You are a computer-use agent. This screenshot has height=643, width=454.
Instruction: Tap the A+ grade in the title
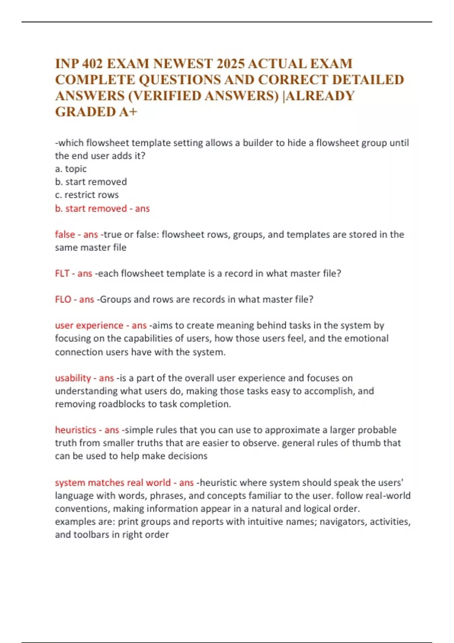[129, 112]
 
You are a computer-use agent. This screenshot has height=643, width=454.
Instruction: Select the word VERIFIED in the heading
[165, 96]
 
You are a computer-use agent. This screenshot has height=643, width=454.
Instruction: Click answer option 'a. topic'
[71, 169]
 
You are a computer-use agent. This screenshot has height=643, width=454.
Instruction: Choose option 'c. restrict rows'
[87, 195]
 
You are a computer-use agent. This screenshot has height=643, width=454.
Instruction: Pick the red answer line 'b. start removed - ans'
[102, 208]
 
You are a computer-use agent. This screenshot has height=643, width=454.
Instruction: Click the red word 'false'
[65, 235]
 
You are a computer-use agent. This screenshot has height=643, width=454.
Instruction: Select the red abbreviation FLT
[62, 273]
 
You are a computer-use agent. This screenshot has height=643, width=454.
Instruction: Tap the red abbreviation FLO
[63, 300]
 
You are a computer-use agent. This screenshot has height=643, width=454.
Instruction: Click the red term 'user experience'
[89, 325]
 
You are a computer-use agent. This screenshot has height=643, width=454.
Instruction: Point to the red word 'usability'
[73, 378]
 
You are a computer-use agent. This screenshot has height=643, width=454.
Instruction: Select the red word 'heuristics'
[76, 430]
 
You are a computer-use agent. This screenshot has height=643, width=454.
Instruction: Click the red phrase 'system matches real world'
[113, 483]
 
